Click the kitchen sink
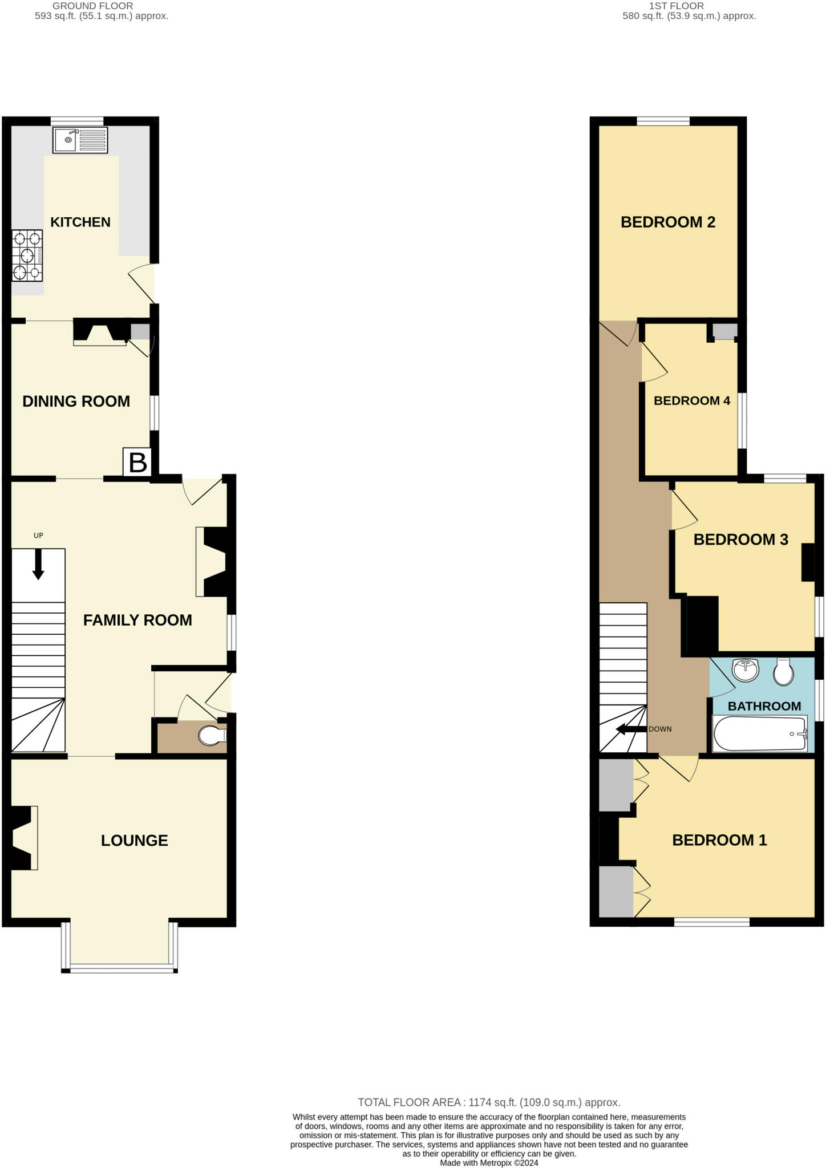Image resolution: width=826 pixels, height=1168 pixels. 80,140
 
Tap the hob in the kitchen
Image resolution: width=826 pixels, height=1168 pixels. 27,256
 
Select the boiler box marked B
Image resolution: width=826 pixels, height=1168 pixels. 137,463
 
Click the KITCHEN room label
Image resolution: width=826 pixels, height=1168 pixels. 80,222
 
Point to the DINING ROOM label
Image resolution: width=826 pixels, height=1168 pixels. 76,401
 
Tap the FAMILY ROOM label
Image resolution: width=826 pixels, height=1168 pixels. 137,620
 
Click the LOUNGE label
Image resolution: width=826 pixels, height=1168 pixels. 135,840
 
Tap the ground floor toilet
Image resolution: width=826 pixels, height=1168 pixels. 211,736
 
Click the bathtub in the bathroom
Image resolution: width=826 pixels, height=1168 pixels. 760,733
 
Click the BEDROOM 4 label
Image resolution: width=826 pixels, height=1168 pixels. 692,401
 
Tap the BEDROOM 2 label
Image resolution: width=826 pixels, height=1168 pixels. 668,222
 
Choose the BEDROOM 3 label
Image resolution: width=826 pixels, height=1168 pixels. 741,540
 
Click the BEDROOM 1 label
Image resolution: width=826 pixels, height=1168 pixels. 720,840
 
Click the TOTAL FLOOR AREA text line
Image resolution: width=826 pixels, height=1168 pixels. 489,1102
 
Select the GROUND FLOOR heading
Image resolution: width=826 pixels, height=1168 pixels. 93,6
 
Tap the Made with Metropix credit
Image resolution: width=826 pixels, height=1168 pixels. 489,1162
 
